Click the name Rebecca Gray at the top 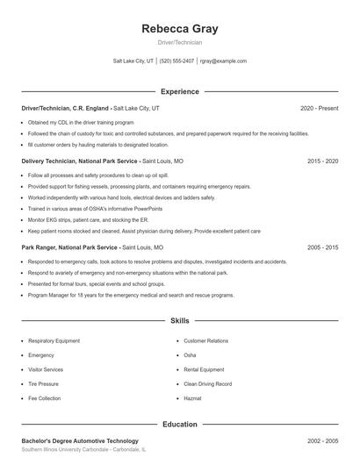click(x=179, y=29)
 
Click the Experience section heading click(x=179, y=91)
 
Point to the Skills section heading click(x=179, y=322)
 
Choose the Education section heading click(x=179, y=425)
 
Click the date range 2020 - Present click(x=319, y=108)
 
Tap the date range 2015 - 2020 click(x=322, y=161)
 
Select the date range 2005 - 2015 click(x=322, y=248)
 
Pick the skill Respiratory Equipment click(x=54, y=340)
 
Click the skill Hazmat click(x=193, y=398)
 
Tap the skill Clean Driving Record click(x=207, y=384)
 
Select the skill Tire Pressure click(x=43, y=384)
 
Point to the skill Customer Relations click(x=205, y=340)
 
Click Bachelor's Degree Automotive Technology click(x=80, y=440)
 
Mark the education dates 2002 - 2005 click(x=322, y=440)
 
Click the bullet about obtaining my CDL click(x=81, y=123)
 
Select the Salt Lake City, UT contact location click(x=133, y=61)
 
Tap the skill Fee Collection click(x=44, y=398)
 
